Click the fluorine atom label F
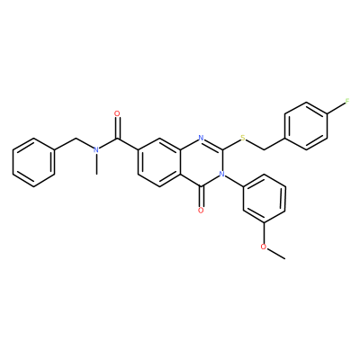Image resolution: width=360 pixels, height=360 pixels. pos(347,101)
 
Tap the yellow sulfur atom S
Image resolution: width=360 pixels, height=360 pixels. pos(243,138)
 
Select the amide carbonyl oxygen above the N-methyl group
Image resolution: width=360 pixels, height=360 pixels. pos(117,113)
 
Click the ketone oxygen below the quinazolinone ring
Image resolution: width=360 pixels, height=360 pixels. pos(201,210)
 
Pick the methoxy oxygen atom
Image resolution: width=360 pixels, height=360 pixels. pos(264,247)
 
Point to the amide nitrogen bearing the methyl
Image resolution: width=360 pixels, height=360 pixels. pos(96,149)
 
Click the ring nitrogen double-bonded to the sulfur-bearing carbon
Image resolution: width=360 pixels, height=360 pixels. pos(201,138)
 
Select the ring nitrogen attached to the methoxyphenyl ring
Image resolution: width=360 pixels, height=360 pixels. pos(222,174)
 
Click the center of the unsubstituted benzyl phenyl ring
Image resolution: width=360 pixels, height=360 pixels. pos(33,162)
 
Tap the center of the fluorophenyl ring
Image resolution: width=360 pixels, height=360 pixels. pos(306,126)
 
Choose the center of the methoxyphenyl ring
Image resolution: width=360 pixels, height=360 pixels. pos(264,198)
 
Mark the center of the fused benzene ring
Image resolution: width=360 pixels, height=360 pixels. pos(159,162)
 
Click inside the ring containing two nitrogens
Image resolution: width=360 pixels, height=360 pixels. pos(201,162)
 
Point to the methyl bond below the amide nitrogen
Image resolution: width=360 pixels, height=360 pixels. pos(96,164)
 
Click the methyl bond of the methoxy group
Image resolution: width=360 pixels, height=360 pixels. pos(275,254)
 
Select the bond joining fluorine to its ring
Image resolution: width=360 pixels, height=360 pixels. pos(336,108)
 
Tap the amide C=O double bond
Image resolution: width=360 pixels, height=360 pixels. pos(118,128)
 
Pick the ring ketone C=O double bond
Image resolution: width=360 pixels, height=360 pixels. pos(201,196)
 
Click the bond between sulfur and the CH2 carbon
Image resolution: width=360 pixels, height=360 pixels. pos(255,145)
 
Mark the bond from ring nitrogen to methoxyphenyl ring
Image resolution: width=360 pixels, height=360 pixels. pos(234,181)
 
